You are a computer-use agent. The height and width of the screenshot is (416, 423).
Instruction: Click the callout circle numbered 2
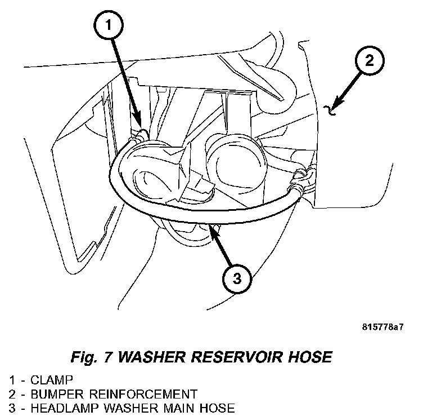click(x=369, y=61)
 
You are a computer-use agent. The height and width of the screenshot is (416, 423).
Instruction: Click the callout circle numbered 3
click(x=237, y=278)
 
